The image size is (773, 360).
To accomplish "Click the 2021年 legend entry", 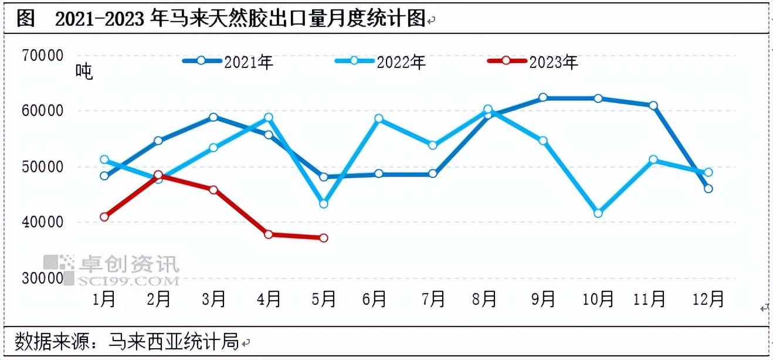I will [228, 62].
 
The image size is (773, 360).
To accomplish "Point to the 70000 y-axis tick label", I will [42, 56].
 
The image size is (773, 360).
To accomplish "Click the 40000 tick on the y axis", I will [42, 223].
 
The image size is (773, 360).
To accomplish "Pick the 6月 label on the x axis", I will [374, 299].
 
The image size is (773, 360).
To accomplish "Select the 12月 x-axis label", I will [708, 299].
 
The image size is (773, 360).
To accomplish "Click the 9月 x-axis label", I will [543, 299].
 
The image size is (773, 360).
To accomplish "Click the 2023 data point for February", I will [158, 175].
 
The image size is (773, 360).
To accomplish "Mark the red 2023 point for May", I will [323, 238].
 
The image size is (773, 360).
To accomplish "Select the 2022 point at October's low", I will [598, 213].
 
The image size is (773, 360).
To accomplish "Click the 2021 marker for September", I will [543, 97].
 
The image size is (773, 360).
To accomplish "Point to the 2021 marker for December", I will [708, 189].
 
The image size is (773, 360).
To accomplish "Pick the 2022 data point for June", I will [379, 118].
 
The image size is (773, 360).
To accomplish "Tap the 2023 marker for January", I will [104, 217].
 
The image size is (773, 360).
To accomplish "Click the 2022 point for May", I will [323, 204].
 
